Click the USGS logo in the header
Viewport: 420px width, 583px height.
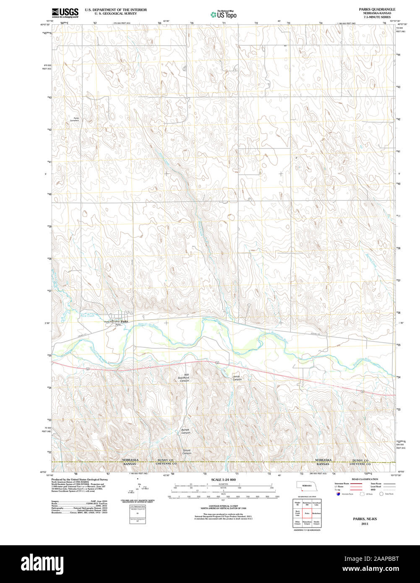coord(65,13)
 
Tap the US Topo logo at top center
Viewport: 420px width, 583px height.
coord(223,14)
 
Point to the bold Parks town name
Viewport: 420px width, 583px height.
coord(124,321)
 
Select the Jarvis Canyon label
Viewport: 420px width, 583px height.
coord(237,378)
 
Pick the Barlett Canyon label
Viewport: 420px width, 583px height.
coord(185,431)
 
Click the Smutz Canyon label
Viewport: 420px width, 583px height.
coord(187,452)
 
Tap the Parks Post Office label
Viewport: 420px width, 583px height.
coord(112,322)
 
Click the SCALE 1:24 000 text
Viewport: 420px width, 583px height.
coord(223,479)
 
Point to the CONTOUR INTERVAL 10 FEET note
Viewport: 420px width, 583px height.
coord(223,506)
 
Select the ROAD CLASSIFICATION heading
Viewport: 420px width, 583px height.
coord(365,479)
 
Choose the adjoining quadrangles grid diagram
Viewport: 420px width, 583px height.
coord(307,513)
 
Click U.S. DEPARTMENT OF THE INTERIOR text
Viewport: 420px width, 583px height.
coord(116,9)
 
